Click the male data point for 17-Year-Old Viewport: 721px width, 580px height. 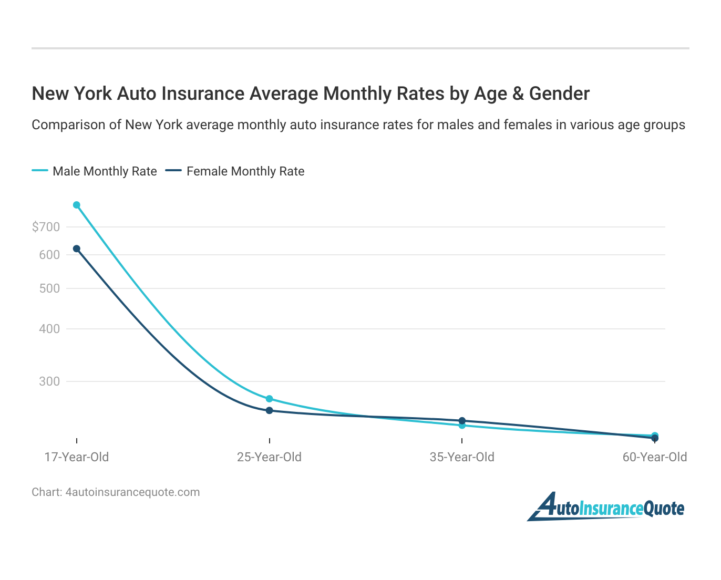[77, 205]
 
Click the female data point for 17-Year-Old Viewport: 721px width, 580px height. [77, 248]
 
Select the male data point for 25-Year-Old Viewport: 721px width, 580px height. [270, 399]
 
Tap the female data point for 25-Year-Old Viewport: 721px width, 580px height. [270, 410]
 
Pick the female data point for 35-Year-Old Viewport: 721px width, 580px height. [462, 421]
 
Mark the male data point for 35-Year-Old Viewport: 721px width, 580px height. [462, 426]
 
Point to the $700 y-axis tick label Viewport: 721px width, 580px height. [46, 227]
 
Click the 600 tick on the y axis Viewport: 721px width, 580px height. [49, 255]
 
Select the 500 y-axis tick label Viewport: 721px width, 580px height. [49, 288]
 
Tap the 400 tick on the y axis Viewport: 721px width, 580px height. [49, 329]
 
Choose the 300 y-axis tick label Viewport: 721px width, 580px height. [49, 381]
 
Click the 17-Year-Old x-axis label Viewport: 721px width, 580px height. [77, 457]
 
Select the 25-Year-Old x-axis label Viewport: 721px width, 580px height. [270, 457]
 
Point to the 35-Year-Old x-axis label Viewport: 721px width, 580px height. [462, 457]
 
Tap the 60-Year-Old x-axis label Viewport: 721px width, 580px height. [655, 457]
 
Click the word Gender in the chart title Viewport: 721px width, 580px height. [559, 94]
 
